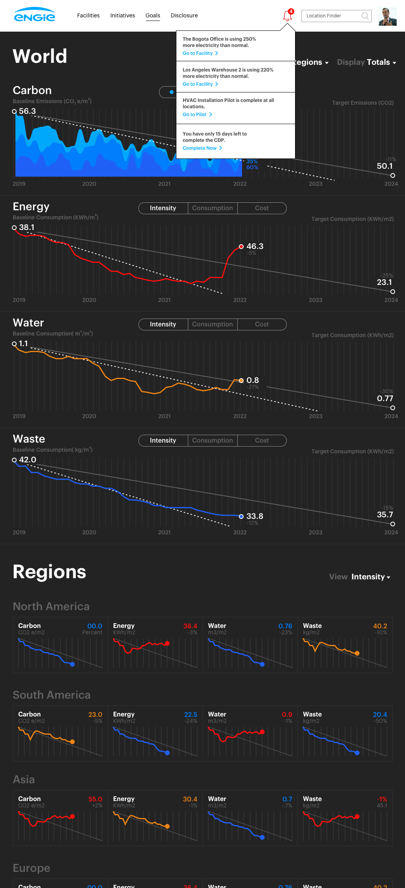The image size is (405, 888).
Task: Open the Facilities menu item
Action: point(88,15)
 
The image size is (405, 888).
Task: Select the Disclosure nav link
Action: point(184,15)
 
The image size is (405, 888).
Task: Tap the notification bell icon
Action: point(288,16)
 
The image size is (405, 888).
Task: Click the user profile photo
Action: point(387,16)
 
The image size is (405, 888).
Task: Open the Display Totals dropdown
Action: point(367,62)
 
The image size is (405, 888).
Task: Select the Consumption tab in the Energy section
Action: point(212,208)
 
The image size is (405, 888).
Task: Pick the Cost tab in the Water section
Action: point(262,324)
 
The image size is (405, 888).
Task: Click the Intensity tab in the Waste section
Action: point(163,441)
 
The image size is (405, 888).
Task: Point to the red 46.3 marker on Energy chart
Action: point(241,247)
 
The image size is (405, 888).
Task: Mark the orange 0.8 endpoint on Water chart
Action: point(241,381)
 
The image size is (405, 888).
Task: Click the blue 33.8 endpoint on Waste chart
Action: point(241,517)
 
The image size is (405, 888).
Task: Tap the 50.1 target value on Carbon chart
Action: point(385,166)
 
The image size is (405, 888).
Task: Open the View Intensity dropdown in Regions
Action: point(360,577)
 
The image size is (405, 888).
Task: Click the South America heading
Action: point(52,695)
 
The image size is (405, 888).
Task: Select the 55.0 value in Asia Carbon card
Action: point(95,799)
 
